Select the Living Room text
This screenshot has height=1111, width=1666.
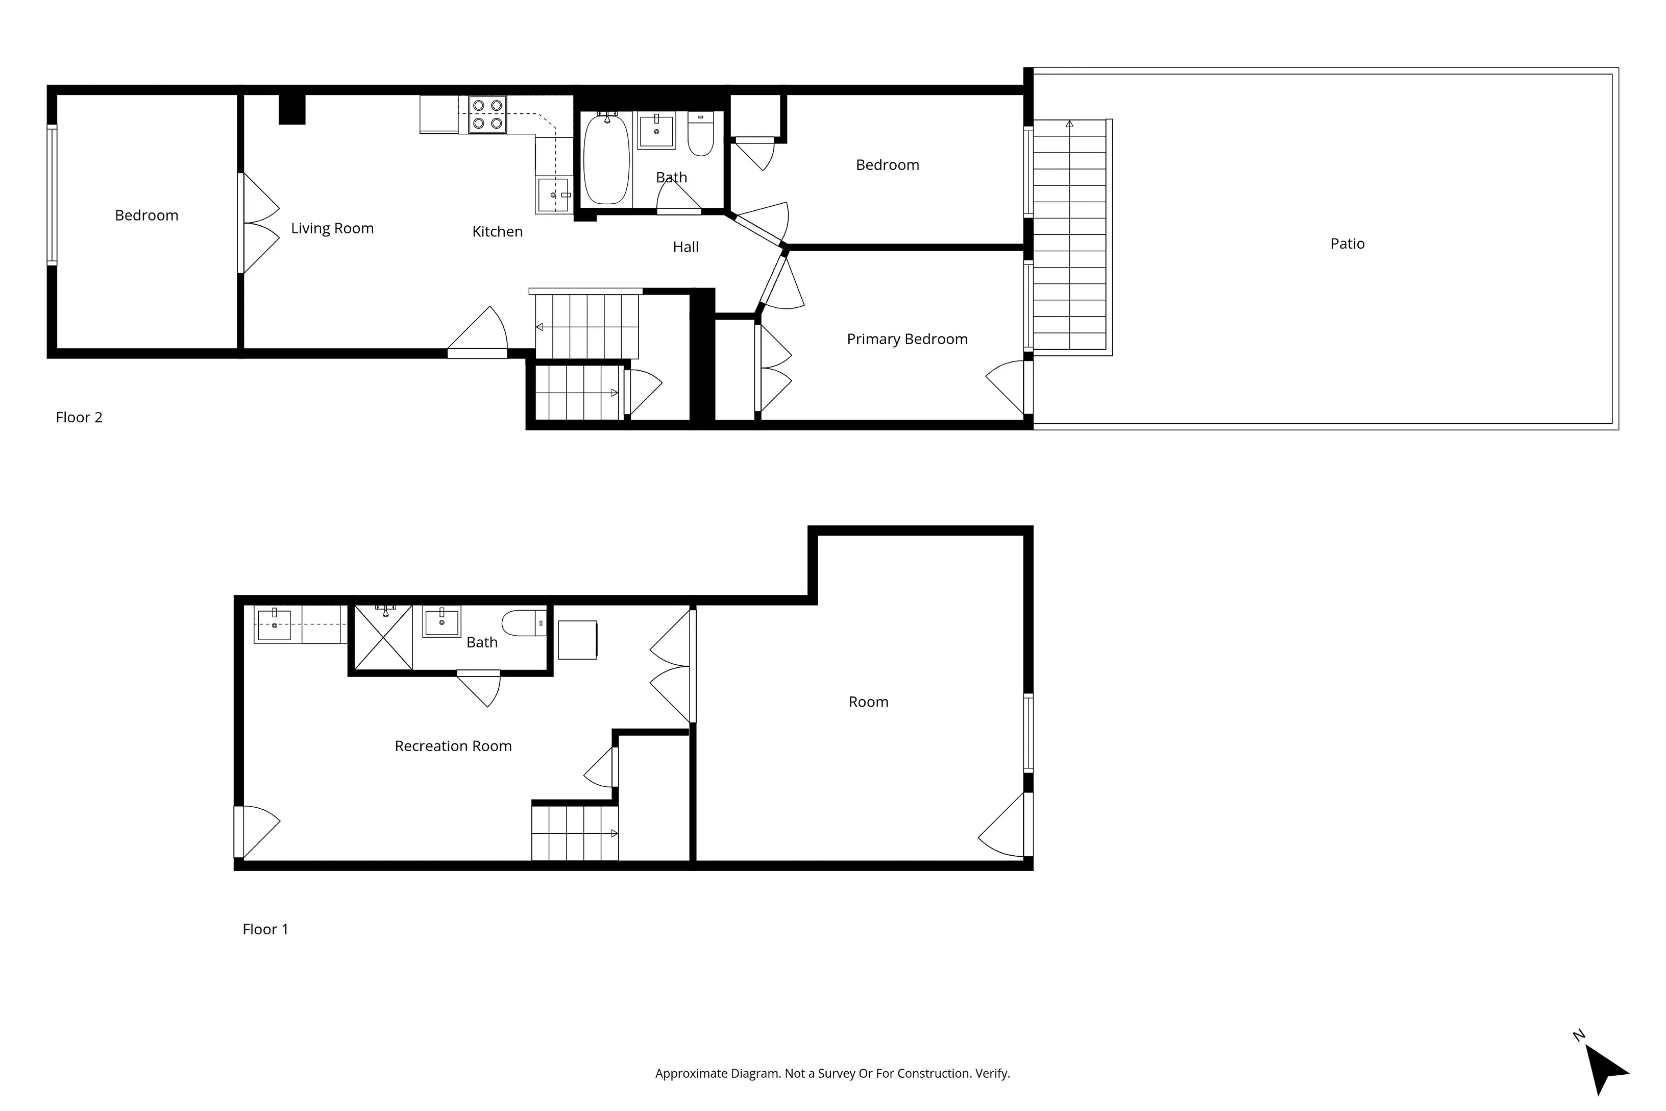point(332,228)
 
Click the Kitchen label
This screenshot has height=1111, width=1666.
point(497,232)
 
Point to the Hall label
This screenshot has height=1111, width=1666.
point(685,247)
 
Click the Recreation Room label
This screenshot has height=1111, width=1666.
point(453,746)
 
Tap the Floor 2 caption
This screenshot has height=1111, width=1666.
point(79,417)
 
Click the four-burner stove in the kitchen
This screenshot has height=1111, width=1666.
point(488,114)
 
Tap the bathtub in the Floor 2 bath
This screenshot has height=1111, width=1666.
point(606,159)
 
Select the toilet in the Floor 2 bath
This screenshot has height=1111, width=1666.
point(700,135)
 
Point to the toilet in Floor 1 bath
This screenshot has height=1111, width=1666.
point(524,623)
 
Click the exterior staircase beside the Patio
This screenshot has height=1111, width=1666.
point(1070,236)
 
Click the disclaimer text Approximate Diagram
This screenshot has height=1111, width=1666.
point(832,1073)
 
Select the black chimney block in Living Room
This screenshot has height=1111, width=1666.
point(292,110)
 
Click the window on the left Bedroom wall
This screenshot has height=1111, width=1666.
point(52,195)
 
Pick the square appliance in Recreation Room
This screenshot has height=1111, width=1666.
point(577,640)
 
